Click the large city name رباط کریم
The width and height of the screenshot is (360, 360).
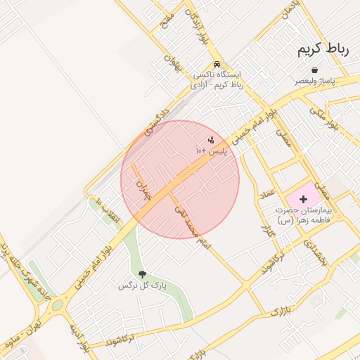click(319, 49)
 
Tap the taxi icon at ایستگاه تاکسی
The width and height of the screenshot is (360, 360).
click(218, 63)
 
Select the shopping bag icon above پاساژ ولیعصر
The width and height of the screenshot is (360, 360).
click(314, 70)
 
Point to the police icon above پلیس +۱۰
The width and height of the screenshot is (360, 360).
click(211, 141)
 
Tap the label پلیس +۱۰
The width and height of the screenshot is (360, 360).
click(211, 151)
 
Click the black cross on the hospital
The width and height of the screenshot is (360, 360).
click(304, 200)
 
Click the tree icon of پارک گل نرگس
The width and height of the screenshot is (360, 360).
click(143, 275)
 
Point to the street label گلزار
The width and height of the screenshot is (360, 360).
click(265, 232)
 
